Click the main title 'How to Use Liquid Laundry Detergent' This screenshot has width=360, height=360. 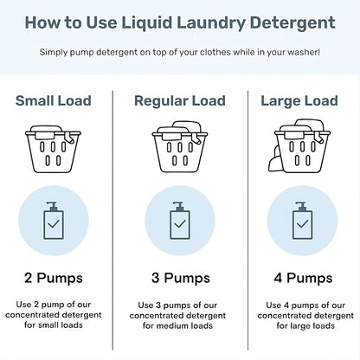click(x=179, y=22)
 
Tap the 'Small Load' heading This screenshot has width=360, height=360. click(x=55, y=101)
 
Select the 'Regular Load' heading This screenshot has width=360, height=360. click(x=179, y=101)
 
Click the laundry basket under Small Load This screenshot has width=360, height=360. click(x=55, y=152)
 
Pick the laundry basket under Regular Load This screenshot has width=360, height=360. click(x=179, y=152)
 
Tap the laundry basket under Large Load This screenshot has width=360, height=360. click(x=300, y=152)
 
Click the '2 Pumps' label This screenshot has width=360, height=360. click(x=55, y=278)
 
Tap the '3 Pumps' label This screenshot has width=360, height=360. click(x=179, y=278)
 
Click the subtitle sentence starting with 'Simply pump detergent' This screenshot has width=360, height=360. click(x=179, y=53)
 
